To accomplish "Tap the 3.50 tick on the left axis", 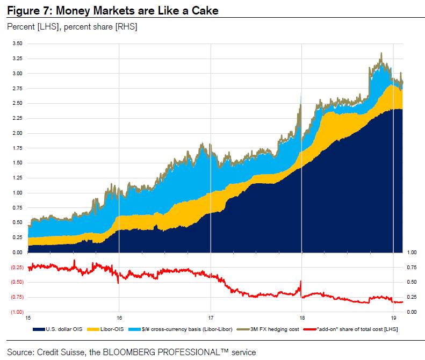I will pos(17,44).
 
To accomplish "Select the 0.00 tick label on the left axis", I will pos(17,252).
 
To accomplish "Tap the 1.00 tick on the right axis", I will pos(412,252).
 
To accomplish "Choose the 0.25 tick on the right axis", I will pos(412,297).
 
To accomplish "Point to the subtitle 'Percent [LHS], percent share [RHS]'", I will pos(71,27).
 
